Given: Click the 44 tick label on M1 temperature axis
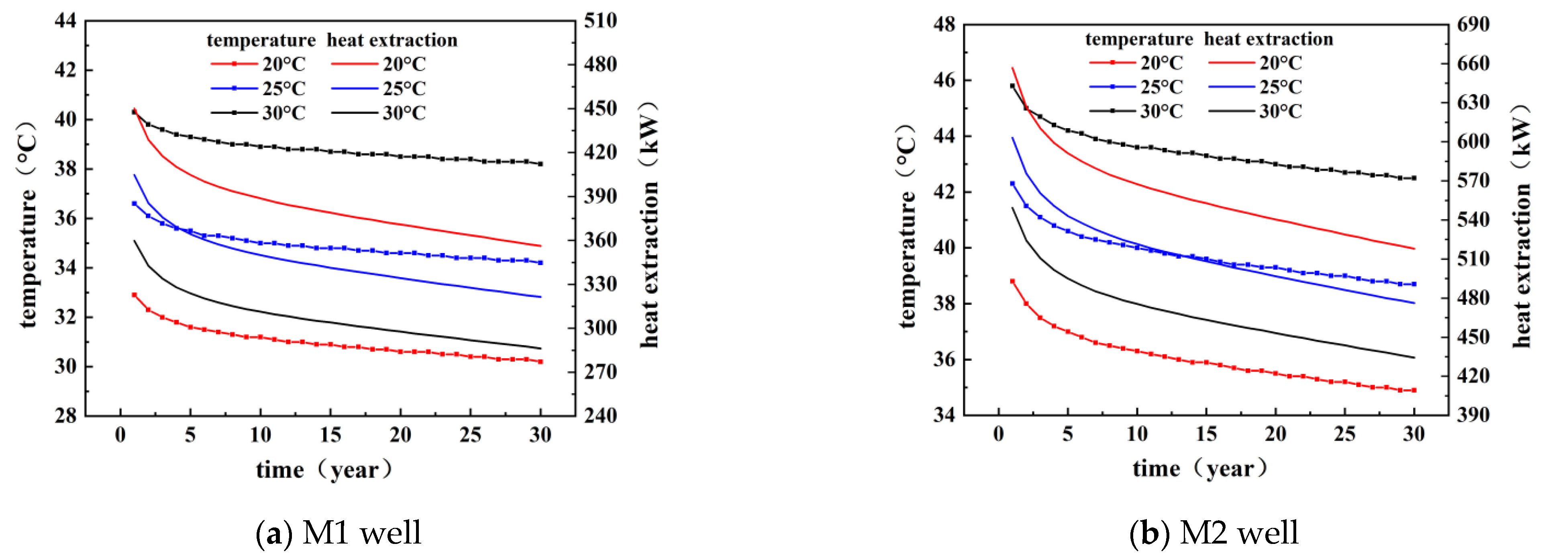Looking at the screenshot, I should [65, 21].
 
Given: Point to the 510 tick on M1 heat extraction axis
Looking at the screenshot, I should [600, 21].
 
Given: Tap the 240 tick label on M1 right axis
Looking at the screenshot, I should [600, 415].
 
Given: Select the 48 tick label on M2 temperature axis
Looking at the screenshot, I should [944, 25].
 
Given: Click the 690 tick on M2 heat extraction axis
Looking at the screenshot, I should [1473, 25].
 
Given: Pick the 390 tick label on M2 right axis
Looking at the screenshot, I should [1473, 415].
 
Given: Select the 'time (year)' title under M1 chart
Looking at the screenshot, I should [324, 469].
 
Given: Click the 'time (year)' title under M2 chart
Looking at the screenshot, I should [1200, 468].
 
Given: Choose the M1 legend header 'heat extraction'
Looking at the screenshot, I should [392, 40].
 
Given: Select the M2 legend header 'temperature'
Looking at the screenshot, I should [1138, 39].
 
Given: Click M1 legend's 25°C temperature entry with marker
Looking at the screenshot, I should [258, 89].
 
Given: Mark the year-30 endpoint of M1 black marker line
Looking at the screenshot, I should [541, 164].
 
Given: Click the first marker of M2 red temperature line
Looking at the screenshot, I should [1012, 281].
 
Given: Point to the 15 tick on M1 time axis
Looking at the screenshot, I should [330, 435].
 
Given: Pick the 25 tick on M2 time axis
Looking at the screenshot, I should [1344, 434].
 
